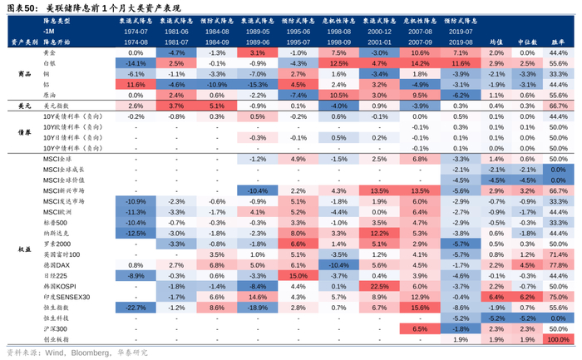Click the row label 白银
pyautogui.click(x=49, y=63)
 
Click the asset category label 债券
pyautogui.click(x=24, y=132)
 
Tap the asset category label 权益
pyautogui.click(x=24, y=249)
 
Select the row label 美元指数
pyautogui.click(x=55, y=106)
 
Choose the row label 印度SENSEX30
pyautogui.click(x=61, y=297)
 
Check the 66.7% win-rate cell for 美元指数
pyautogui.click(x=555, y=106)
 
